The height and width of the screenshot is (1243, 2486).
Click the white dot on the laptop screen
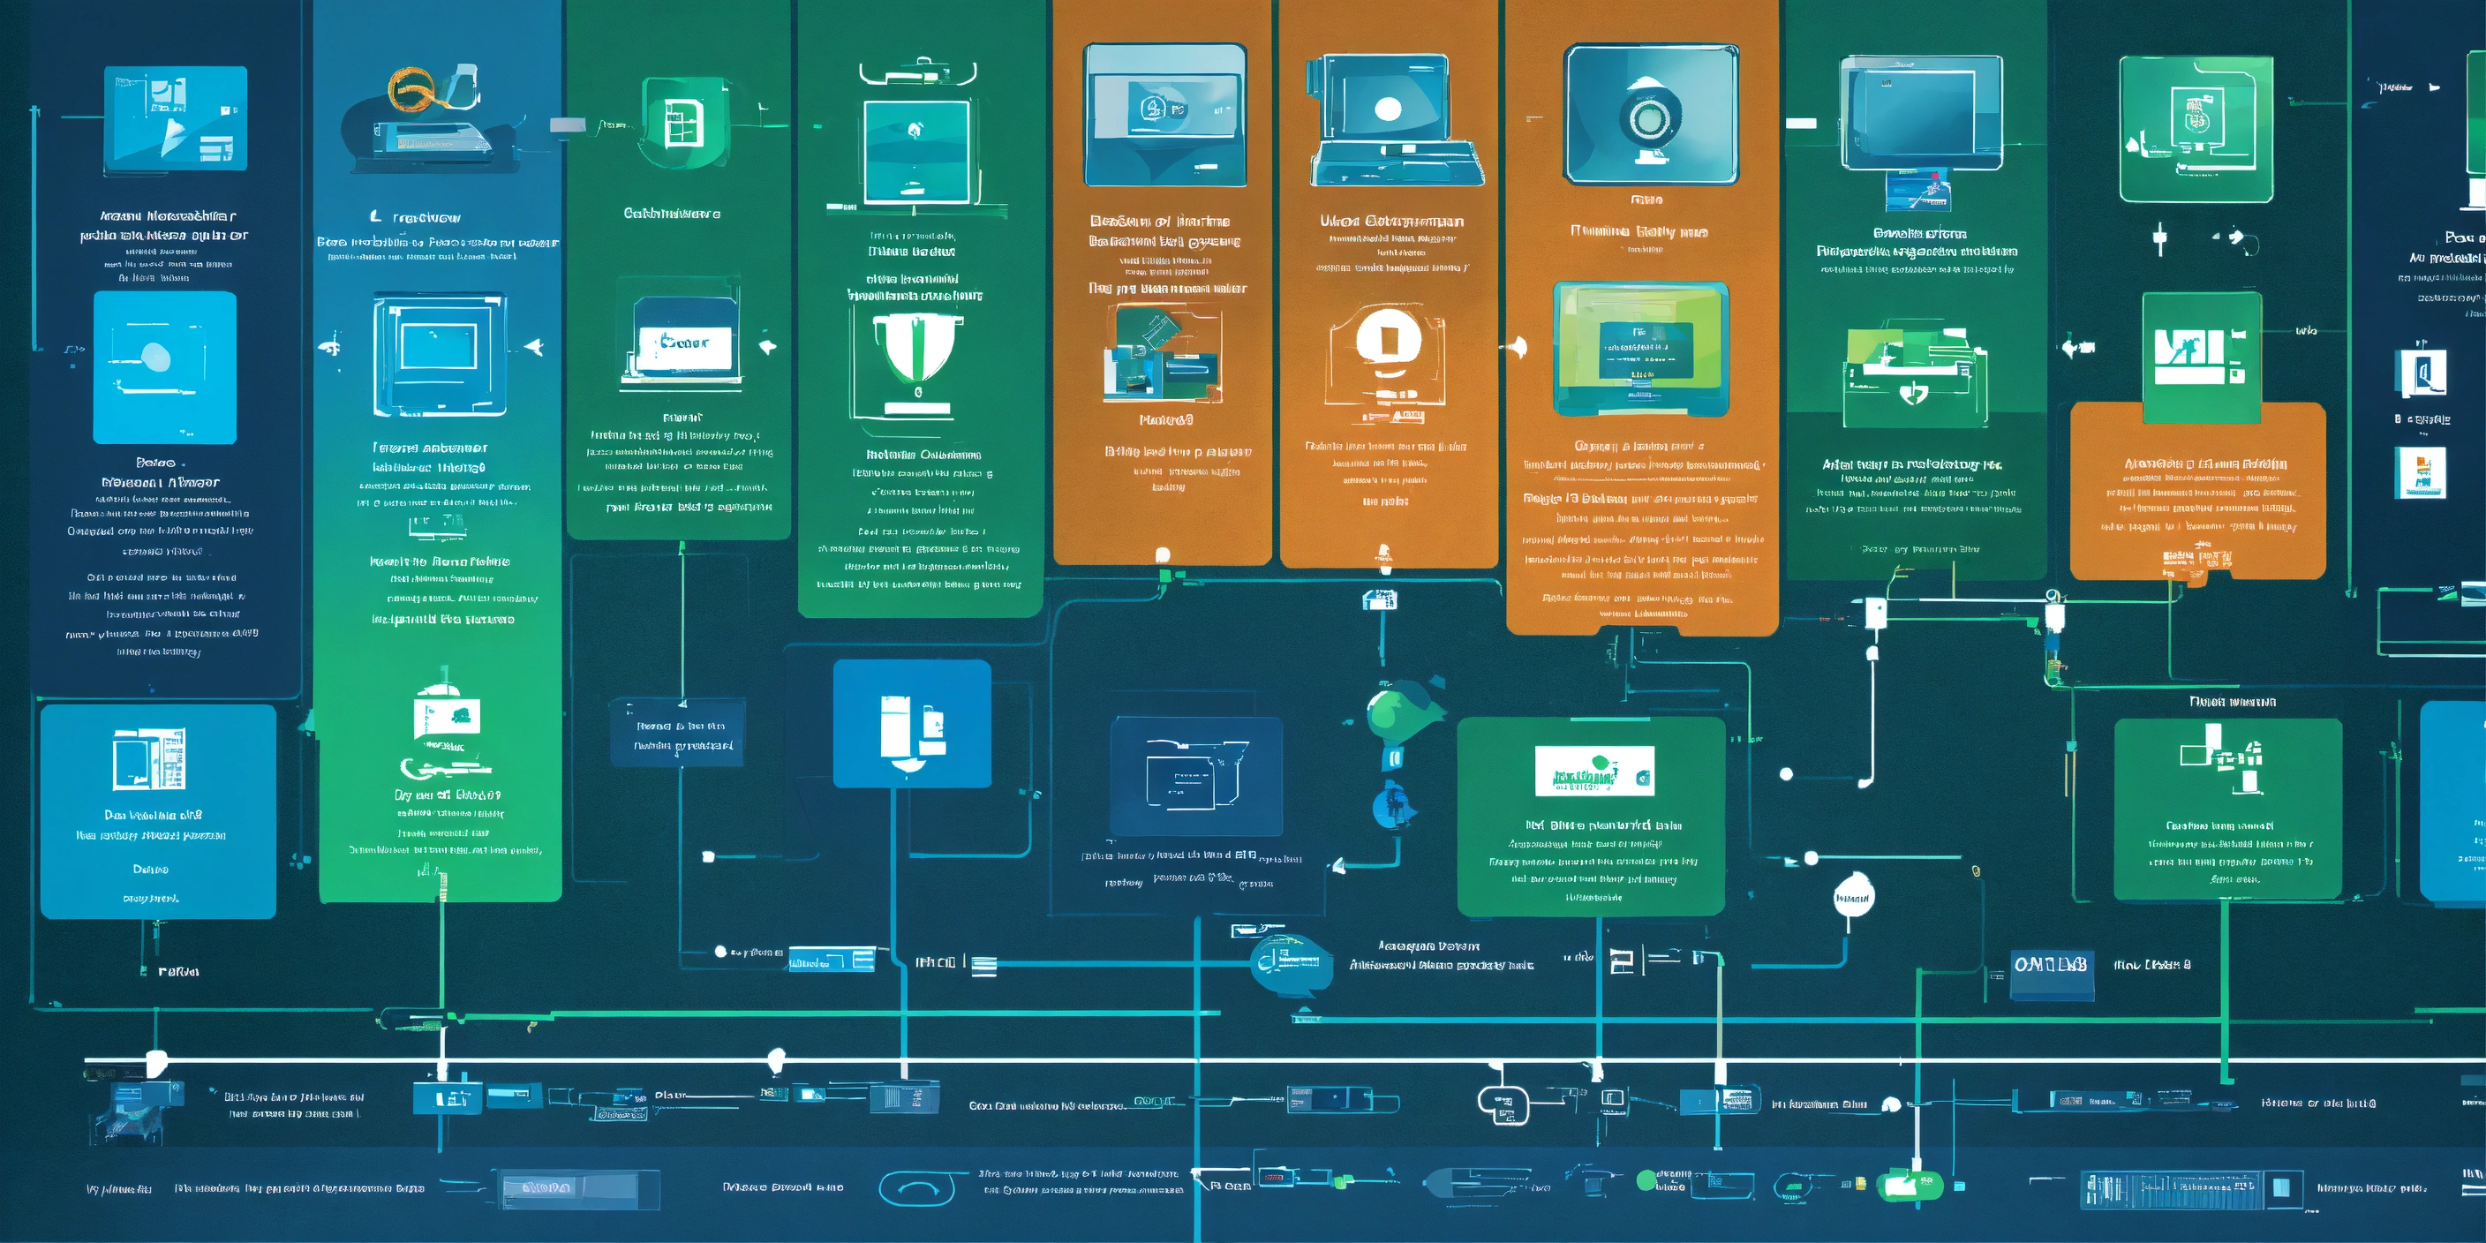tap(1388, 109)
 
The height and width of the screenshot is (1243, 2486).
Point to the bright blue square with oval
tap(164, 366)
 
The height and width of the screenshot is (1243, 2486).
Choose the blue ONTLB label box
tap(2051, 965)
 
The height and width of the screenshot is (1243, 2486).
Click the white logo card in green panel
tap(1593, 771)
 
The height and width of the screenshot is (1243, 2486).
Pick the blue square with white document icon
tap(911, 724)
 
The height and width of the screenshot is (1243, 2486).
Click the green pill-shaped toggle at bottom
tap(1908, 1185)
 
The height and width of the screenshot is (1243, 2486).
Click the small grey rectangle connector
tap(568, 124)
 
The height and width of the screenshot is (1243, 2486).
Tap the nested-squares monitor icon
tap(439, 354)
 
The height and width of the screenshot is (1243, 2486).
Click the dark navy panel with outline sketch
tap(1195, 776)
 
